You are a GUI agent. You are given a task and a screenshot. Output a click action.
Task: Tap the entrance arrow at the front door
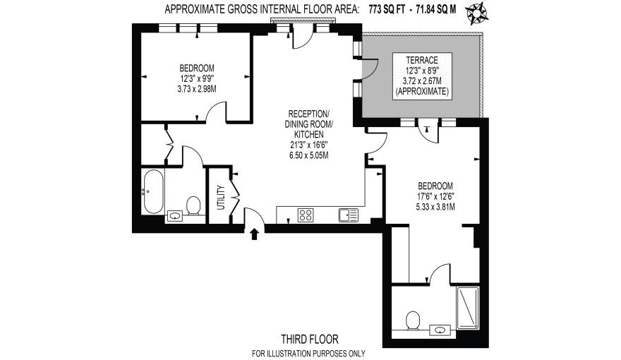pyautogui.click(x=254, y=234)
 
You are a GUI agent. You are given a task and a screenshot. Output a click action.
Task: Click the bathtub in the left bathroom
pyautogui.click(x=152, y=191)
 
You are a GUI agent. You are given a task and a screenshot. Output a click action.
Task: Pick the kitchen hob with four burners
pyautogui.click(x=306, y=215)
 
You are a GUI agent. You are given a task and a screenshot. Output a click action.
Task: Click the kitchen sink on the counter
pyautogui.click(x=347, y=215)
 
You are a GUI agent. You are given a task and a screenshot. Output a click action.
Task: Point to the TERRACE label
pyautogui.click(x=422, y=59)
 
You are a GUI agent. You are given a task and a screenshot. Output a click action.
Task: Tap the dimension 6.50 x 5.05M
pyautogui.click(x=308, y=155)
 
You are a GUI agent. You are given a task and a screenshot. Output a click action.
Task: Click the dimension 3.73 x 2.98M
pyautogui.click(x=197, y=89)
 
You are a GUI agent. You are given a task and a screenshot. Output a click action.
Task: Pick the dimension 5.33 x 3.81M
pyautogui.click(x=434, y=207)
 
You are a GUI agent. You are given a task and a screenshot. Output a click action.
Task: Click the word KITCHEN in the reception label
pyautogui.click(x=308, y=134)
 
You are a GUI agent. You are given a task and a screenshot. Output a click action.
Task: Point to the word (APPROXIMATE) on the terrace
pyautogui.click(x=423, y=92)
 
